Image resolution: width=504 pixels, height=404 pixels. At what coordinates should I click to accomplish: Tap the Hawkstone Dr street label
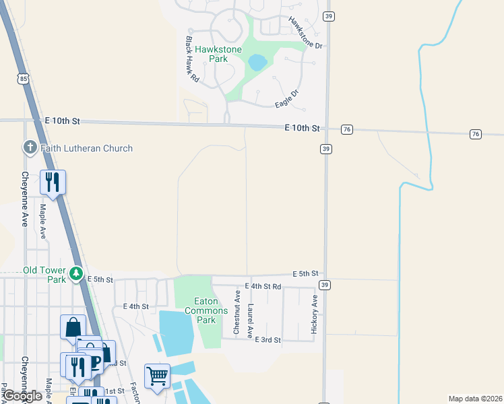tap(306, 32)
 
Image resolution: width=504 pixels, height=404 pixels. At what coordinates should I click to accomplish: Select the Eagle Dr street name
tap(286, 98)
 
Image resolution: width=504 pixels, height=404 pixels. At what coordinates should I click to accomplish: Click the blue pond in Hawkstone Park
tap(257, 63)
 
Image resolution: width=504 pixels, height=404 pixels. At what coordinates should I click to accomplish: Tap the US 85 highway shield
tap(24, 79)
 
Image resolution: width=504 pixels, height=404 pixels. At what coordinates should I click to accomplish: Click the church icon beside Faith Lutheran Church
tap(30, 147)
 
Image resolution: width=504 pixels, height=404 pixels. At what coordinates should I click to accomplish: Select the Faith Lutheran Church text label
tap(86, 148)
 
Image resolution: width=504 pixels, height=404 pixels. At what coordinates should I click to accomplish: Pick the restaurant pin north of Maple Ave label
tap(53, 182)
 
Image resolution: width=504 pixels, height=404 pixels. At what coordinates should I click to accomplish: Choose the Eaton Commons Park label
tap(201, 310)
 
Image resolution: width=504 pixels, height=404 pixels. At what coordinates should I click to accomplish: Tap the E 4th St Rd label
tap(263, 287)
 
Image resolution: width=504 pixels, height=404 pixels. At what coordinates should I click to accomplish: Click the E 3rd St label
tap(268, 340)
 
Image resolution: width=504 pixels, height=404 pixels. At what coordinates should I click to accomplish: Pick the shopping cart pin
tap(157, 376)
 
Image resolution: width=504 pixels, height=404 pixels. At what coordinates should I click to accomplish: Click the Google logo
tap(23, 396)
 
